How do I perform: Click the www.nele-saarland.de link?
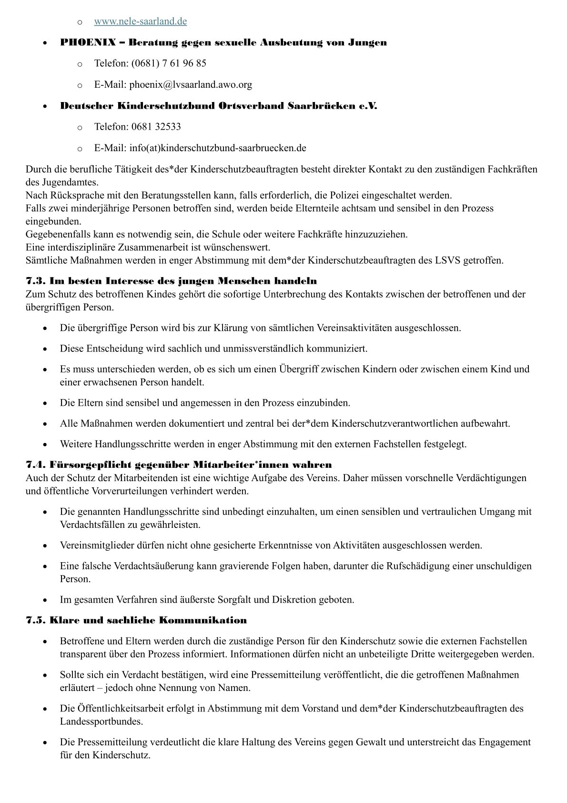(x=140, y=21)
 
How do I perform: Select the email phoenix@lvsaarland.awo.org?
(x=191, y=85)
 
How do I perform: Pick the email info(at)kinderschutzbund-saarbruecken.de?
(x=218, y=148)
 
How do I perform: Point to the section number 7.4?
(x=36, y=464)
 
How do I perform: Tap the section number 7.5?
(x=36, y=620)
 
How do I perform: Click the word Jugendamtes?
(x=61, y=182)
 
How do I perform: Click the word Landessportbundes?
(x=101, y=721)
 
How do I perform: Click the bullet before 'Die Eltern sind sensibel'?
(x=44, y=403)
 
